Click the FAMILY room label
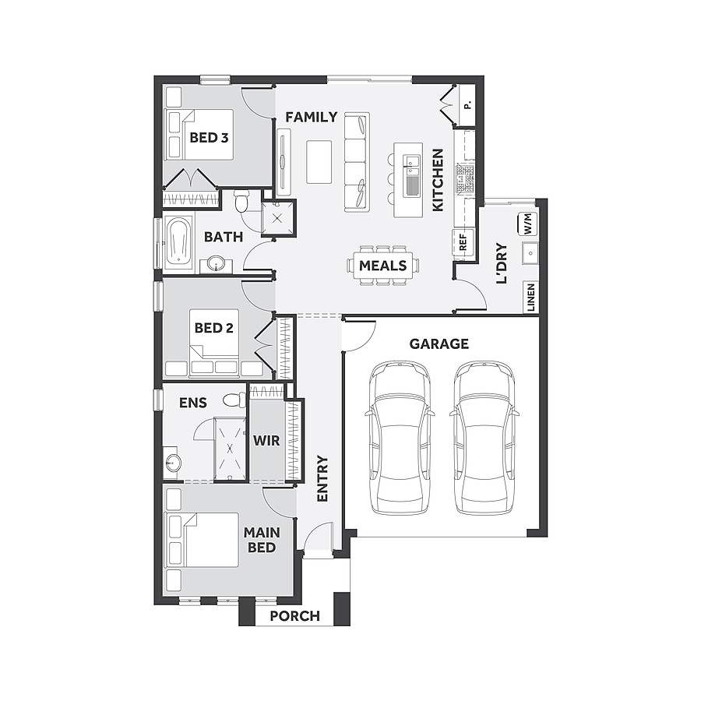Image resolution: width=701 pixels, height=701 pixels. [311, 117]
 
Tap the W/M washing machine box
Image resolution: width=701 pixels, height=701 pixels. [527, 224]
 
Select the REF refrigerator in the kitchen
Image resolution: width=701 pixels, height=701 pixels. [462, 242]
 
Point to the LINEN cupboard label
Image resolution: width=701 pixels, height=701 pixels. [530, 298]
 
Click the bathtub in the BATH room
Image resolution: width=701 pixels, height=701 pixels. [178, 242]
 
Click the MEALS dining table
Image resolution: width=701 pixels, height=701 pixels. [382, 266]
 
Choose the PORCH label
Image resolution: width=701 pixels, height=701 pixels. [294, 616]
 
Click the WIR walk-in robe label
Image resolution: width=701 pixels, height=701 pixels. [266, 441]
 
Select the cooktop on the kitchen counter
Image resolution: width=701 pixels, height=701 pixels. [465, 178]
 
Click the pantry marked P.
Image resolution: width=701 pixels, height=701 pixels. [467, 105]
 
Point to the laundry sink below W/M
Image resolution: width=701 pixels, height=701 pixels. [530, 252]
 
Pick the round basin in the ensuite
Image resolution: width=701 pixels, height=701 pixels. [172, 463]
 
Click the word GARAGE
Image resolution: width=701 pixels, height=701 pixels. [439, 343]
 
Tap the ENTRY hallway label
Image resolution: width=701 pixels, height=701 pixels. [322, 478]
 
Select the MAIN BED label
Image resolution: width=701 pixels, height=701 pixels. [261, 540]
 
